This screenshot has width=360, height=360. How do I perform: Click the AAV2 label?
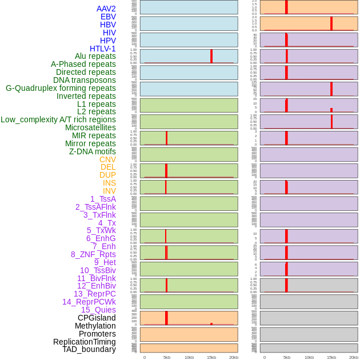tap(106, 9)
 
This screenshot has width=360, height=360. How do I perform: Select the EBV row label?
tap(108, 17)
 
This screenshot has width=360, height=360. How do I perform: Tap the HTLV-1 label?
tap(102, 49)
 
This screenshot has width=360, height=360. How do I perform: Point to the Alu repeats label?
tap(95, 56)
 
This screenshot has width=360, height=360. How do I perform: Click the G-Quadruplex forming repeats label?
tap(61, 88)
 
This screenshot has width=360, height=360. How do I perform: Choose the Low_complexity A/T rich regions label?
tap(58, 119)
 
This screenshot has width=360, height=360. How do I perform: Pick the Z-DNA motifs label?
tap(92, 151)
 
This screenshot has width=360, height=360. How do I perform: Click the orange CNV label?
tap(107, 159)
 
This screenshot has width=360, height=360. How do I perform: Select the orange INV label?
tap(109, 191)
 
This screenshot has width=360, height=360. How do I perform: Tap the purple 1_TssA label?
tap(103, 199)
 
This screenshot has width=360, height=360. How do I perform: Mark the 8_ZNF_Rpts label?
tap(93, 254)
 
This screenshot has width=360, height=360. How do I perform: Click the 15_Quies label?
tap(98, 310)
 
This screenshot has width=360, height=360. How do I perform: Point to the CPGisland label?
tap(97, 318)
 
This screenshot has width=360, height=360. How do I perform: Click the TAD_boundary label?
tap(89, 349)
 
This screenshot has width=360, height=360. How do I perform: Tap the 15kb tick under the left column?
tap(211, 357)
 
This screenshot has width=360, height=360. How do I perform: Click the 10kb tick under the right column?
tap(309, 357)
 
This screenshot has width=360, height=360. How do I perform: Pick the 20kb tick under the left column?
tap(234, 357)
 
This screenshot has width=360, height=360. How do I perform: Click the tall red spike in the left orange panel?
tap(166, 318)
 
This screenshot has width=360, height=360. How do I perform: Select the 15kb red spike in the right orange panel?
tap(331, 23)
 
